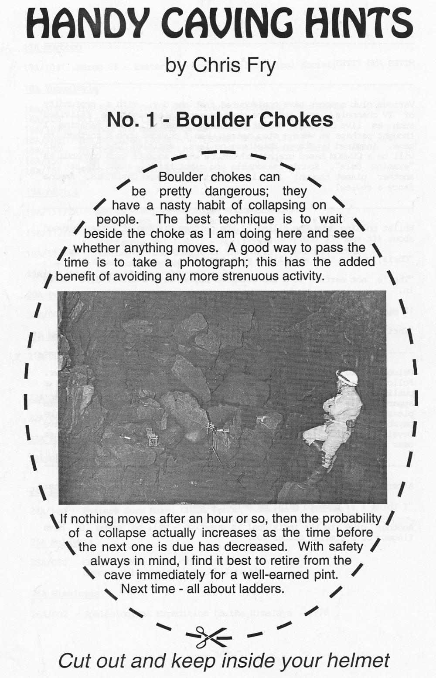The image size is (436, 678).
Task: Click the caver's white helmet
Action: coord(347,378)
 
